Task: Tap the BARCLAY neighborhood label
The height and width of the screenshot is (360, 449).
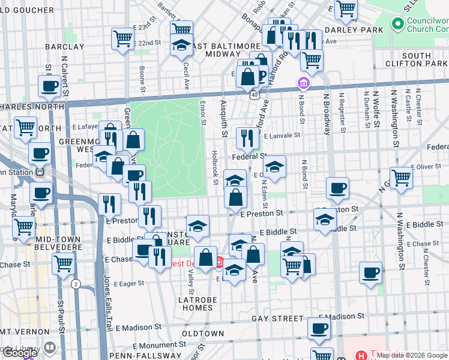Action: click(x=64, y=46)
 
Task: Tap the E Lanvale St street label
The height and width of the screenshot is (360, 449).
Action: click(x=281, y=136)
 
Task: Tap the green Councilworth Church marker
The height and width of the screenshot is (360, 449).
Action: click(x=397, y=24)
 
